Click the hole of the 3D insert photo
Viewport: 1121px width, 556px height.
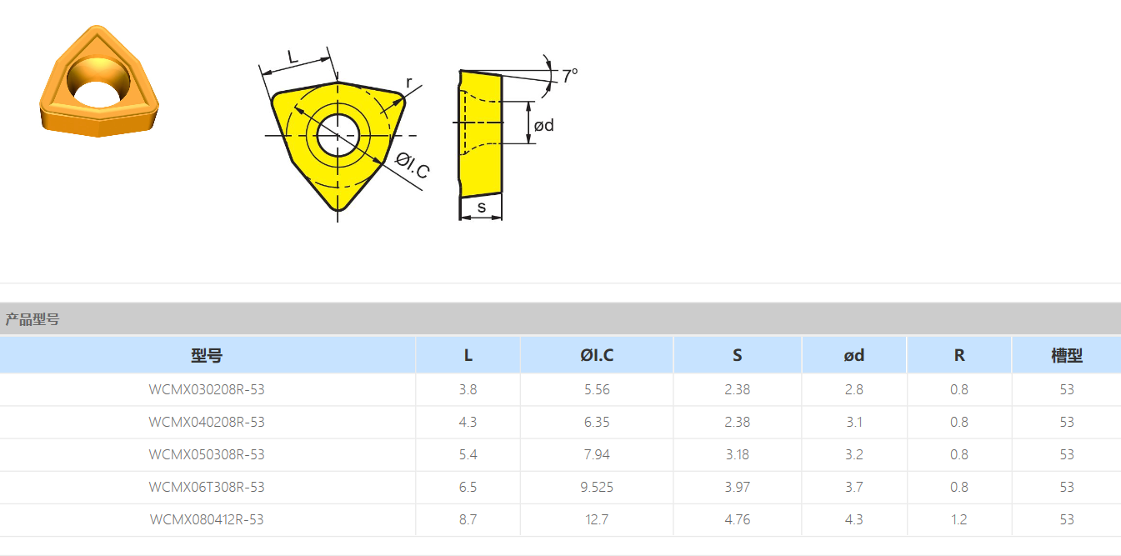point(98,82)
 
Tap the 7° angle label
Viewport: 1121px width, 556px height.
point(569,76)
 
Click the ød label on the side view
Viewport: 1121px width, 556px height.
point(544,125)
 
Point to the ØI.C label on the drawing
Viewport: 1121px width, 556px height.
point(413,165)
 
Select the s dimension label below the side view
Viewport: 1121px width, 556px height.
point(482,208)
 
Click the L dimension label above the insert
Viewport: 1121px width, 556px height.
point(293,57)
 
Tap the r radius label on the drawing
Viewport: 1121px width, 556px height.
point(409,82)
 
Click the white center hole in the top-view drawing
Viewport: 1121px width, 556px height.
point(338,135)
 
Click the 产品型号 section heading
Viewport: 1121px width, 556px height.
point(33,319)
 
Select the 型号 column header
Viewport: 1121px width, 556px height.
point(207,355)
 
